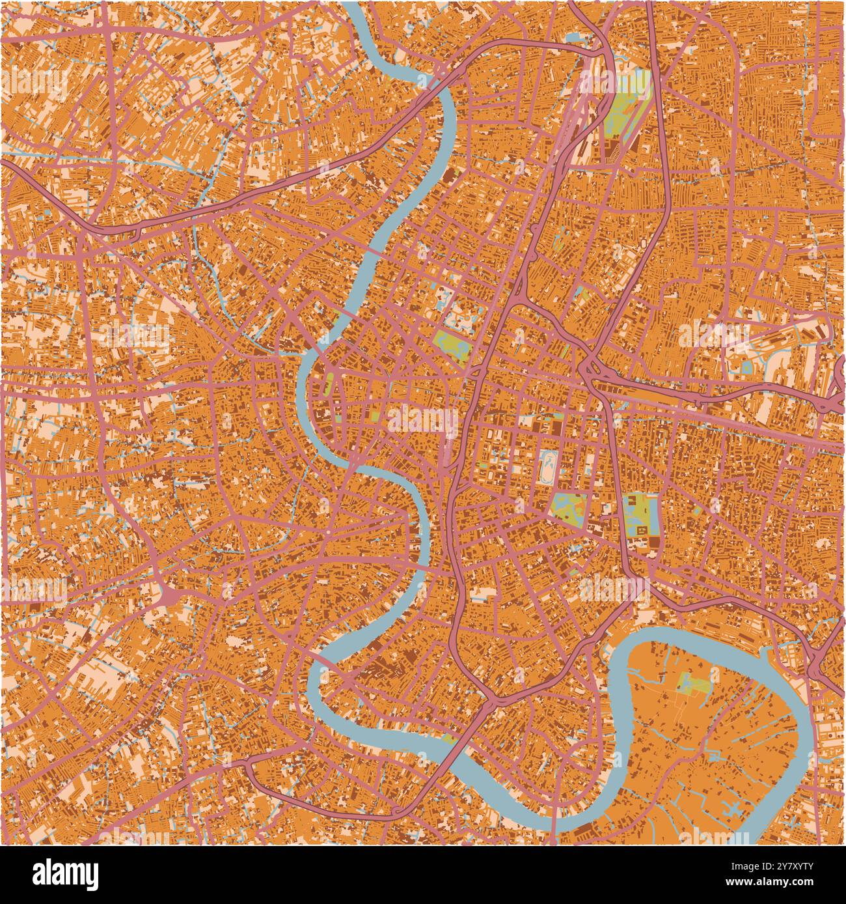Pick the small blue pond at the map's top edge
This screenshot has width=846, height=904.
(x=576, y=38)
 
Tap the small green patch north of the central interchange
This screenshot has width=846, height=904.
(x=581, y=295)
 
